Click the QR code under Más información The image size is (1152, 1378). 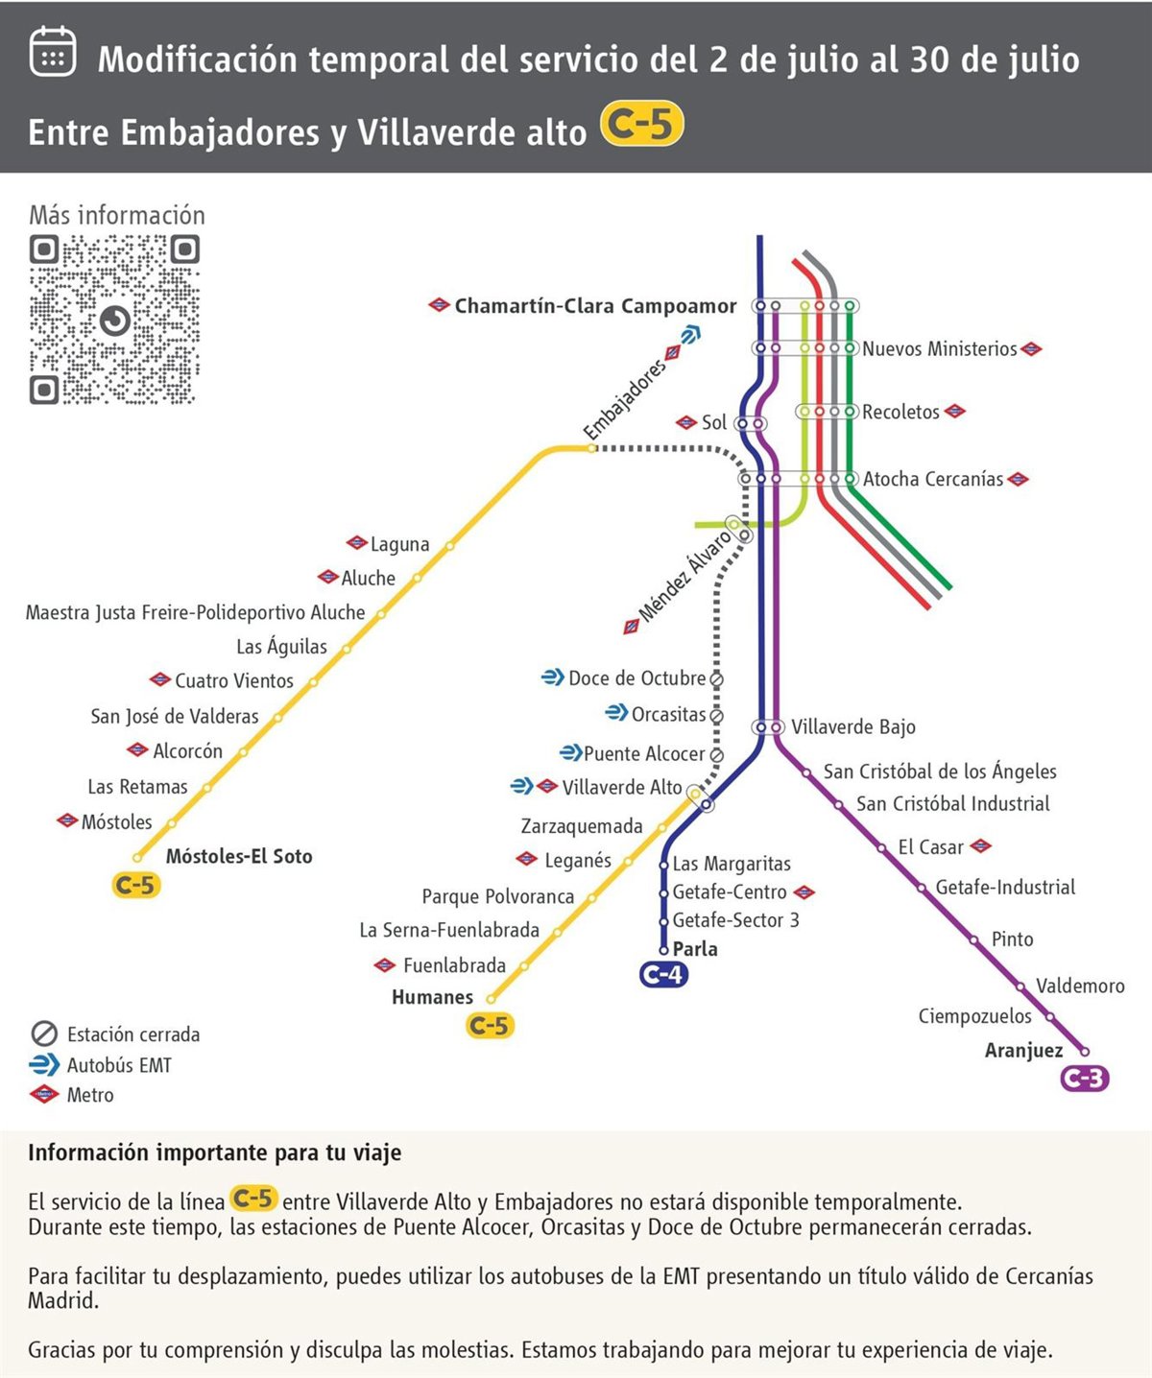(x=114, y=320)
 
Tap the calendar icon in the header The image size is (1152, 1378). (x=52, y=51)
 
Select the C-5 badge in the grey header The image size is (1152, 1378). (x=641, y=125)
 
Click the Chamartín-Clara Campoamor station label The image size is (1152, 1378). (x=595, y=306)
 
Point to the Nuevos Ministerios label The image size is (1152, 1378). (x=939, y=349)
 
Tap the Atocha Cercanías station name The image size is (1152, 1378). (x=932, y=479)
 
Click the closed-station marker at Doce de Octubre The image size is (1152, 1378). (x=716, y=678)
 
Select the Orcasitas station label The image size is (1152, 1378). (x=668, y=714)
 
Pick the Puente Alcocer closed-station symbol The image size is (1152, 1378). (x=716, y=754)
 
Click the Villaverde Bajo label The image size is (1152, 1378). (x=852, y=727)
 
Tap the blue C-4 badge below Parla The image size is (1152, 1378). (x=663, y=975)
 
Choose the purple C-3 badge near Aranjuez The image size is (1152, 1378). (x=1085, y=1079)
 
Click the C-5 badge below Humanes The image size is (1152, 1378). (x=489, y=1026)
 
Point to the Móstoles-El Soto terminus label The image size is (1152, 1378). (x=239, y=857)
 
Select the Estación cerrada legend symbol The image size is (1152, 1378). (x=44, y=1033)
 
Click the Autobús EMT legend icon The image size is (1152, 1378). (x=44, y=1064)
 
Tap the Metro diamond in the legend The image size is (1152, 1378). (x=44, y=1094)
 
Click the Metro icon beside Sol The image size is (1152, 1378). (x=685, y=422)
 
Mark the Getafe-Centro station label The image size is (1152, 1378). (x=730, y=892)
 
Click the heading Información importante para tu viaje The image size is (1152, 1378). (x=214, y=1152)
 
